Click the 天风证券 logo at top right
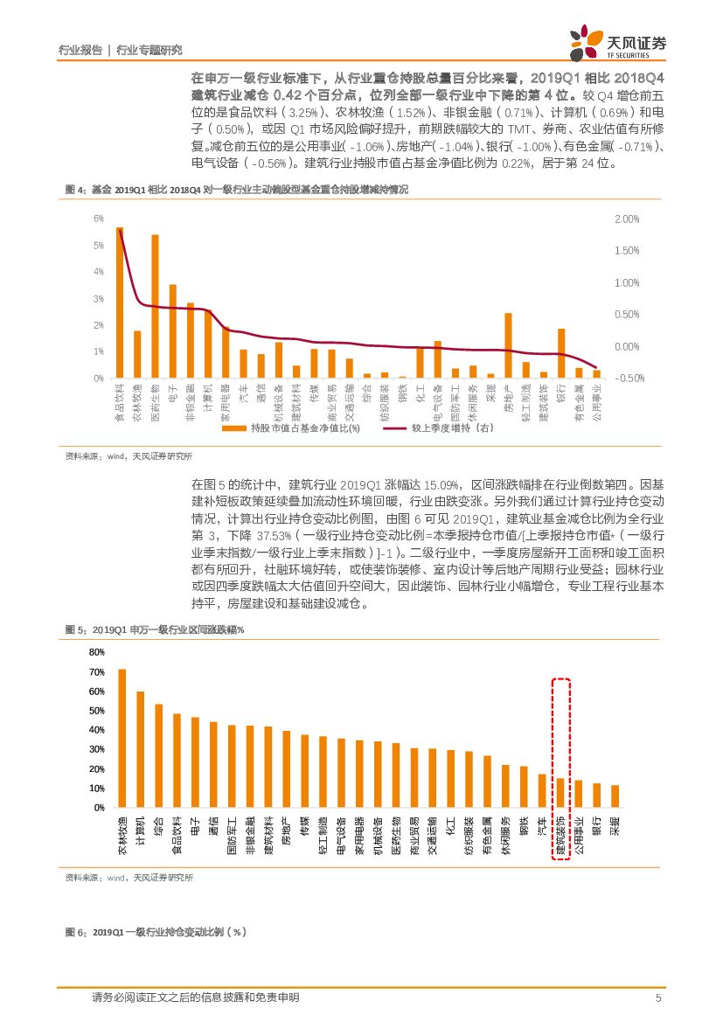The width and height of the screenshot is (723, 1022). point(617,42)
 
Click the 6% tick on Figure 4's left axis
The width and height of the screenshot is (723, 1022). point(98,219)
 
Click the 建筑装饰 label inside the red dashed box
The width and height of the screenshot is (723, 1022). point(561,834)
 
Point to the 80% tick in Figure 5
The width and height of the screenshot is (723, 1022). point(96,652)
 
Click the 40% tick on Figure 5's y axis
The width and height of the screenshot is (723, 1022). point(96,731)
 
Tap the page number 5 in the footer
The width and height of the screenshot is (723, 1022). point(657,998)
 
